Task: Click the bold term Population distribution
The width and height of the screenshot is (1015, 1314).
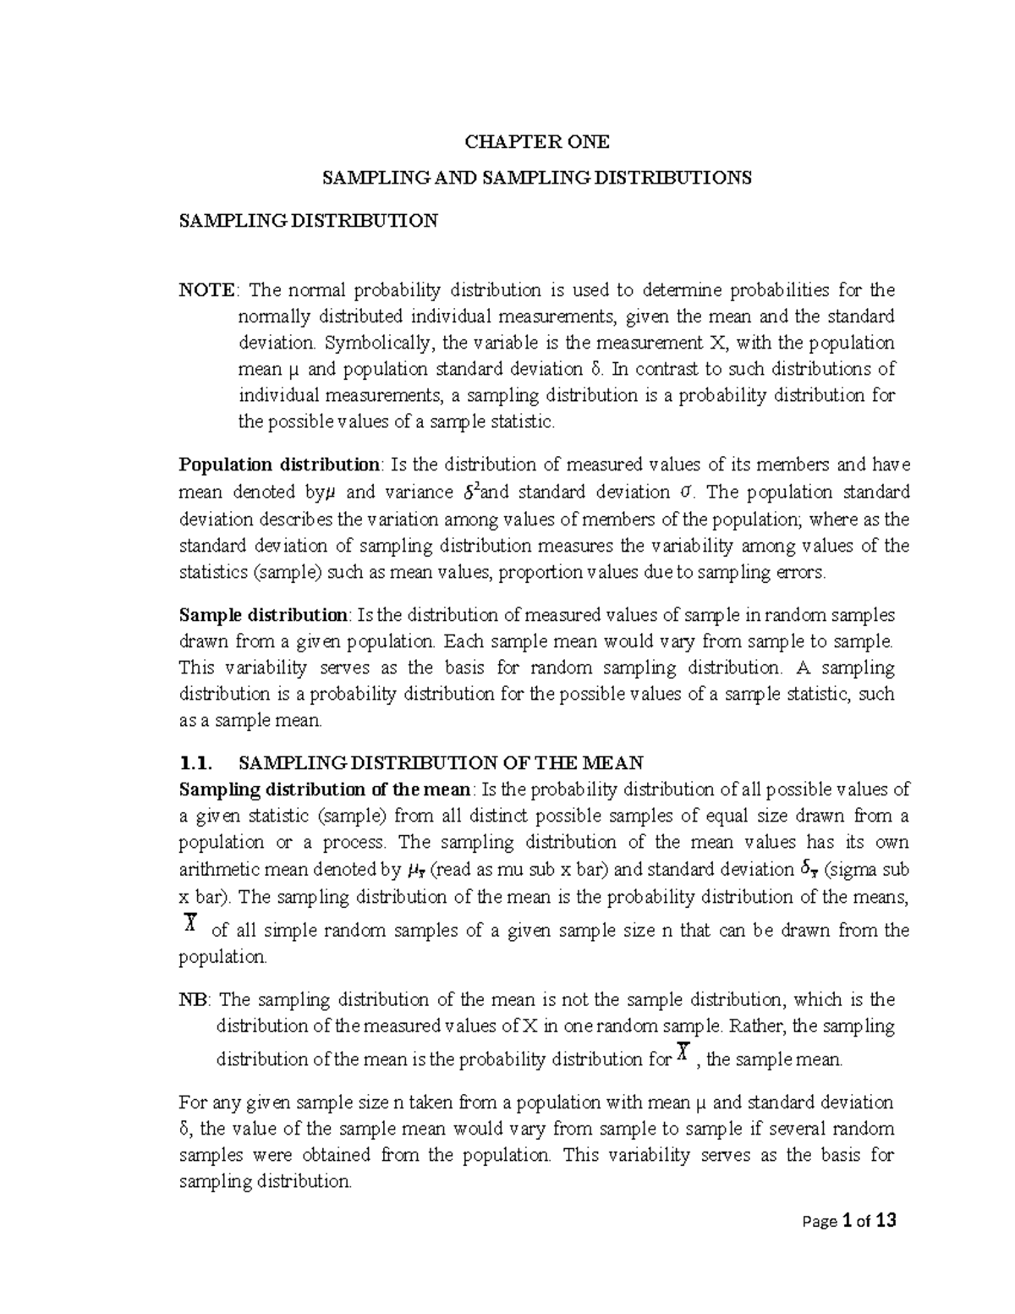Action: coord(280,464)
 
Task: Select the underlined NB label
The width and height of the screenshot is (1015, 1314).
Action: coord(191,999)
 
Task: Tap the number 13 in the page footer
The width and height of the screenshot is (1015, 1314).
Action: coord(885,1220)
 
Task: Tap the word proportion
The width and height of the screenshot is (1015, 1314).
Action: coord(542,572)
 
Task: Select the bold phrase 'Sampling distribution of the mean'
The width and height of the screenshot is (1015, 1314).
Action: coord(325,789)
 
